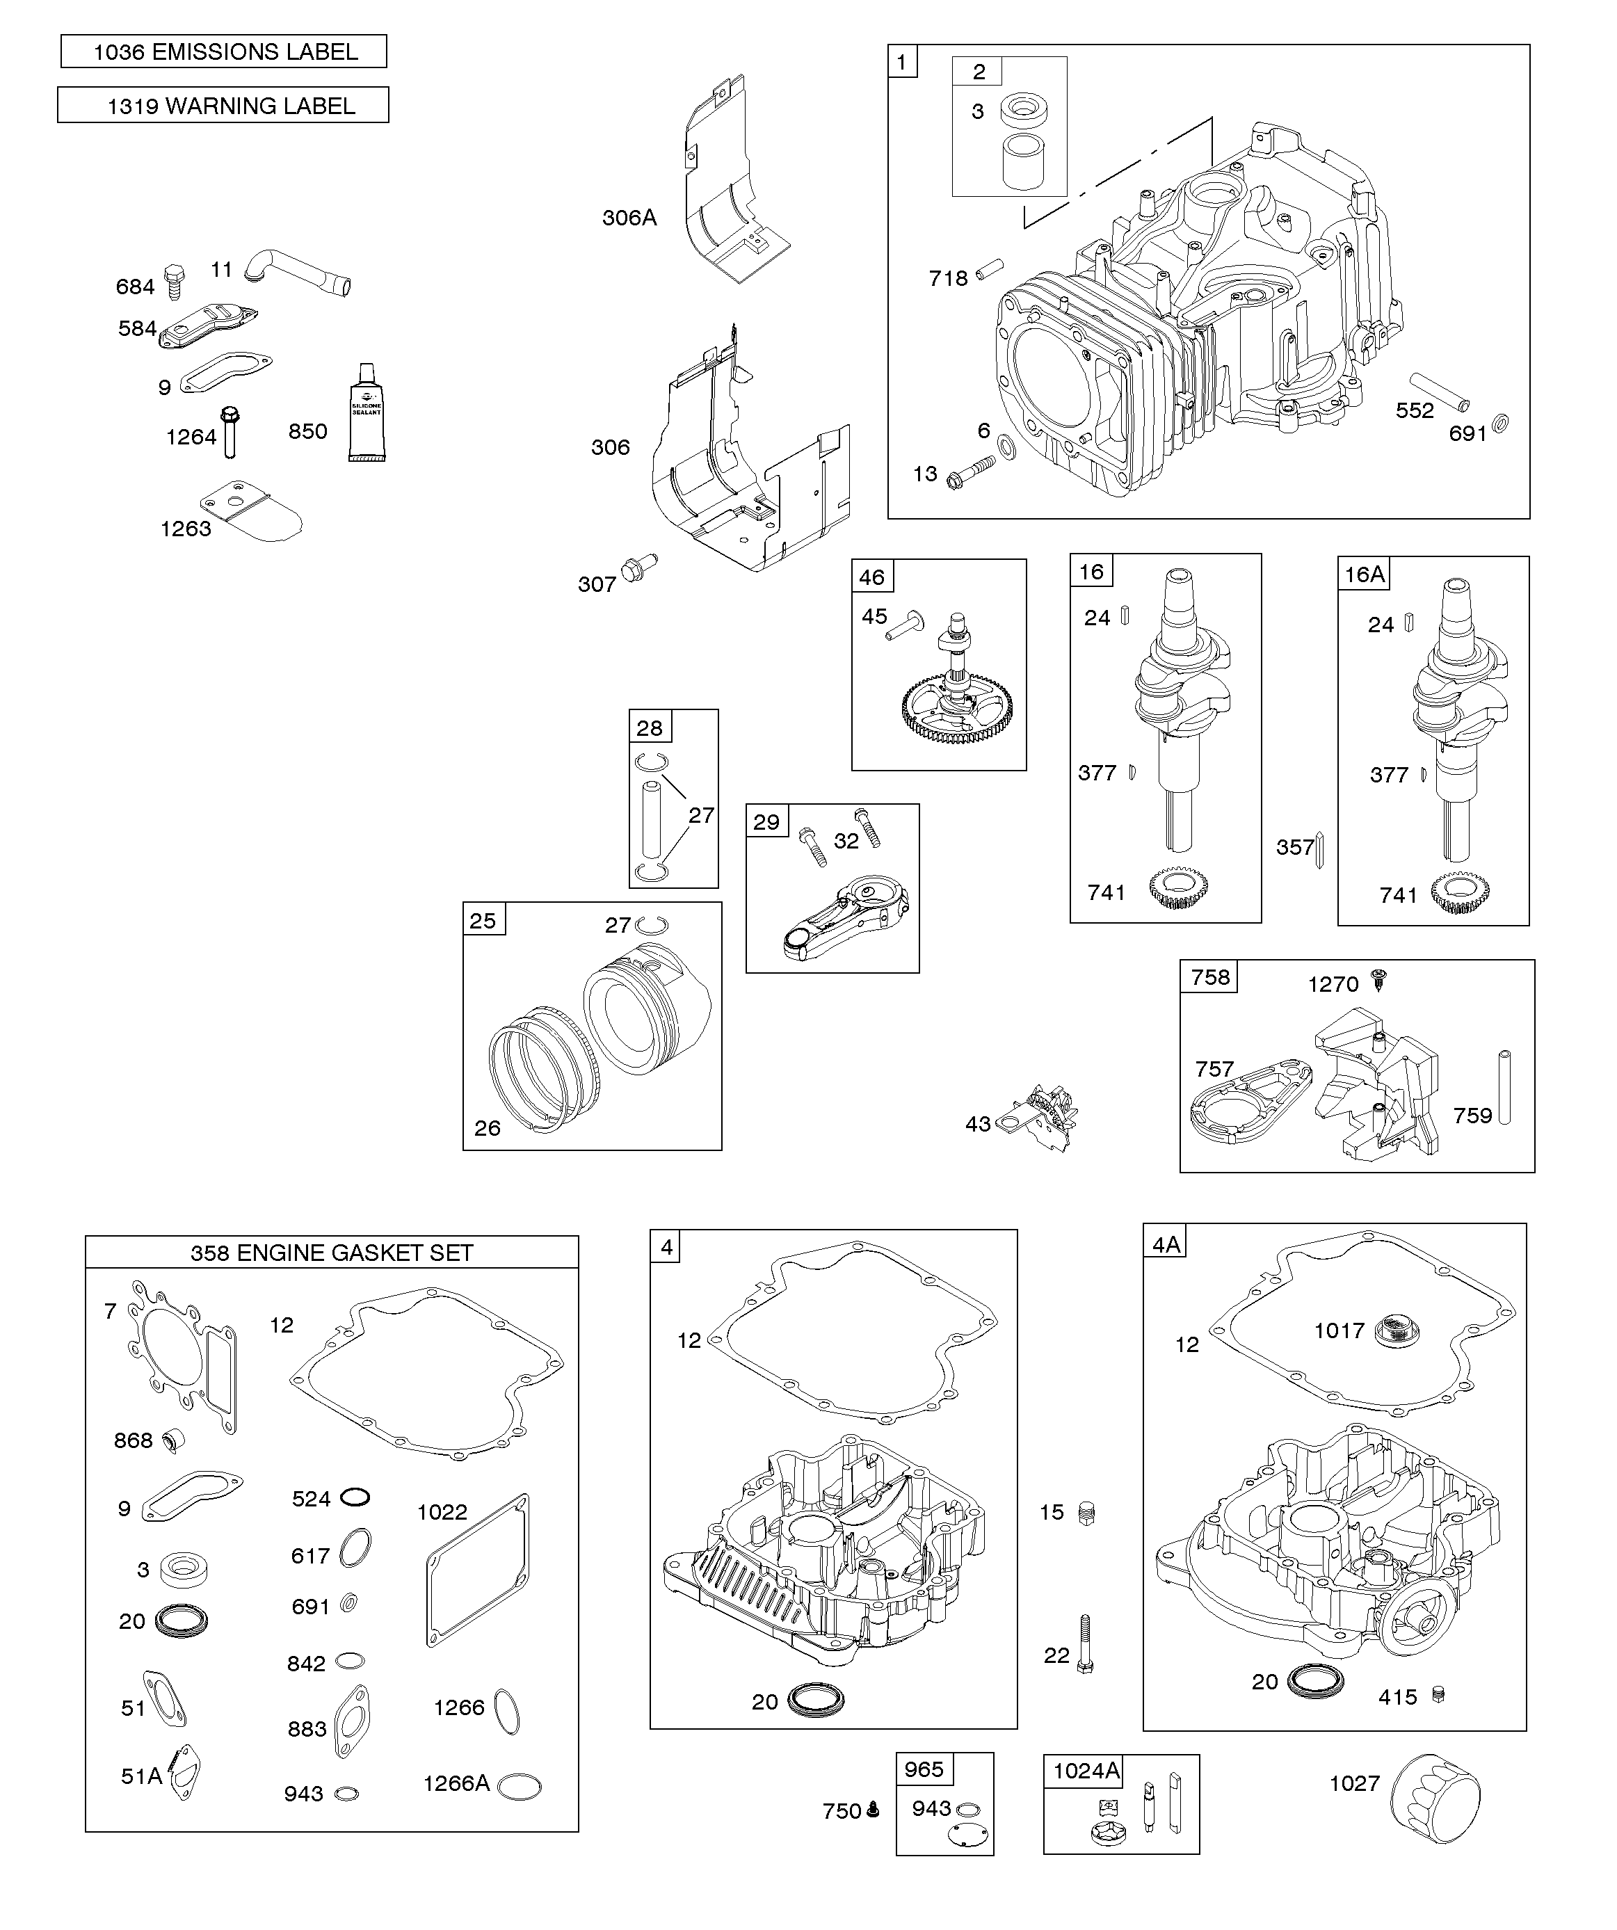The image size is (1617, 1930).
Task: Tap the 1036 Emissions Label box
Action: pos(225,51)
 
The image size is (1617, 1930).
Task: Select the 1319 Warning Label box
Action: pos(223,105)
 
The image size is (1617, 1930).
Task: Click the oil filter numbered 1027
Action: pos(1436,1796)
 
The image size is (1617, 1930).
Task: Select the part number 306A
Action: pos(629,218)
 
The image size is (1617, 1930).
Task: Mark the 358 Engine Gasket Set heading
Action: pos(332,1253)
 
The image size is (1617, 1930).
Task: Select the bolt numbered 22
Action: pos(1085,1645)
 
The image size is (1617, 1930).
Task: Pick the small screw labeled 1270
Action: pos(1378,981)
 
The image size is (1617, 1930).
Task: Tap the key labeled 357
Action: pos(1320,849)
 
